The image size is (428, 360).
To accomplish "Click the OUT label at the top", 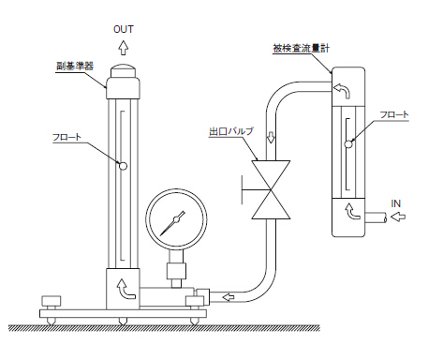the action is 124,29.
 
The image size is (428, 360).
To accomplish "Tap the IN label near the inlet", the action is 396,203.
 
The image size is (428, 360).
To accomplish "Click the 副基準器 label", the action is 75,66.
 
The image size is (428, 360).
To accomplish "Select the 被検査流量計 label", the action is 301,49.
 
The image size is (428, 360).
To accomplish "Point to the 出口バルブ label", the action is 231,131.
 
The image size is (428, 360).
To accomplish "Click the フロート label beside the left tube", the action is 66,137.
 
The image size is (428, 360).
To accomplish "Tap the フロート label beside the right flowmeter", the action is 394,114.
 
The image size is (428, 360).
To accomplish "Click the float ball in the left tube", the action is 124,166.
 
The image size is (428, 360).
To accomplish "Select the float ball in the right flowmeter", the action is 348,143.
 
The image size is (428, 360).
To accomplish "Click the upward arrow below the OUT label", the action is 124,48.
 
